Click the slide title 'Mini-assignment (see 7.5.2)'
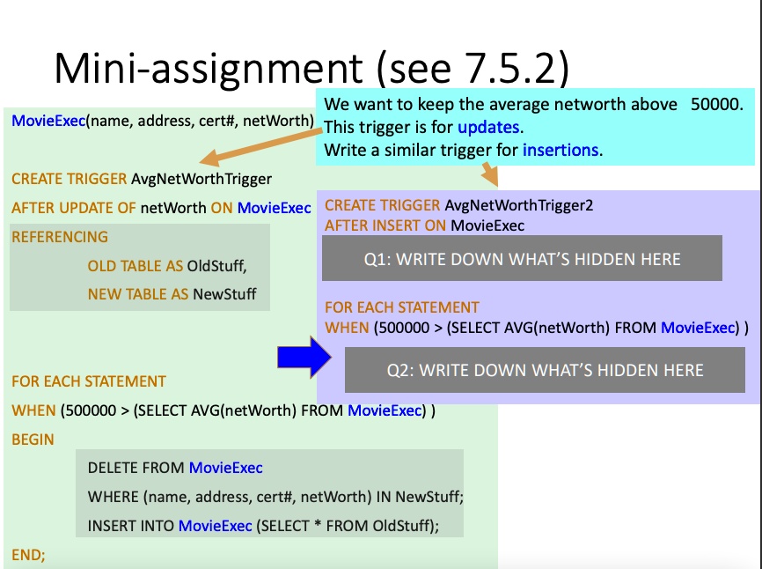click(x=311, y=68)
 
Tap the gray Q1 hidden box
click(x=522, y=258)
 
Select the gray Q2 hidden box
click(x=545, y=370)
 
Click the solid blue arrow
click(x=304, y=358)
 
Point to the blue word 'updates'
click(x=488, y=127)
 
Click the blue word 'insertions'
click(x=561, y=150)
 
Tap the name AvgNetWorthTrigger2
click(x=519, y=205)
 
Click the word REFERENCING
click(x=60, y=237)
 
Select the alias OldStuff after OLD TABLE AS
click(x=216, y=265)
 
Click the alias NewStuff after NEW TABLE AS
click(x=224, y=293)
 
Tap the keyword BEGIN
click(x=33, y=440)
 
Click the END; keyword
click(x=28, y=555)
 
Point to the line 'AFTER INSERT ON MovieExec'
click(x=424, y=225)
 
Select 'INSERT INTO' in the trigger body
click(x=130, y=526)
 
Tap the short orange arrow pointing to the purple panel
click(x=490, y=174)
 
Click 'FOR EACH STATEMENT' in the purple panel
click(x=402, y=307)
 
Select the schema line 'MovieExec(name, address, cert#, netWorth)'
click(x=163, y=121)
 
